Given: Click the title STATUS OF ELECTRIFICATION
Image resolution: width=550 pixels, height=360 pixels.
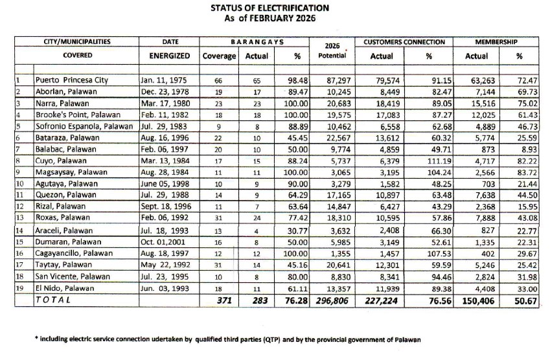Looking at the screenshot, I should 269,8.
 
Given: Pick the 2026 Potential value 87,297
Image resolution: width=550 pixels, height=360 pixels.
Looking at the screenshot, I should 331,80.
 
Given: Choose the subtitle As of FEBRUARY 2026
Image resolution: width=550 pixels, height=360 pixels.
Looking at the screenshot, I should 269,19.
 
